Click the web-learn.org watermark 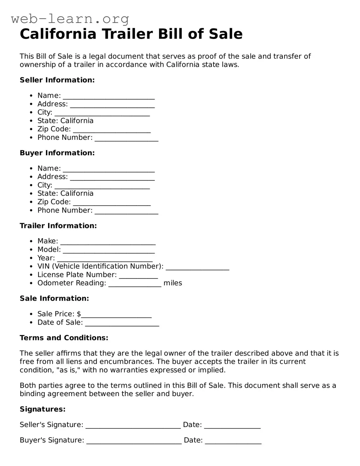70,19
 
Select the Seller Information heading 57,80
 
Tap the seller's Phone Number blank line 126,138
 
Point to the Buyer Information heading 57,153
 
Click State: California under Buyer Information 65,193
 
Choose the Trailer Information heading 58,226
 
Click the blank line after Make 108,242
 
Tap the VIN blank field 197,267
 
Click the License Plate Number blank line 138,276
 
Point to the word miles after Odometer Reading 173,283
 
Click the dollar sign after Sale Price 79,314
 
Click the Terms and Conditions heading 64,338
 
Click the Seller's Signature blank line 133,426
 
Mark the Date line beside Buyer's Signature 233,441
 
